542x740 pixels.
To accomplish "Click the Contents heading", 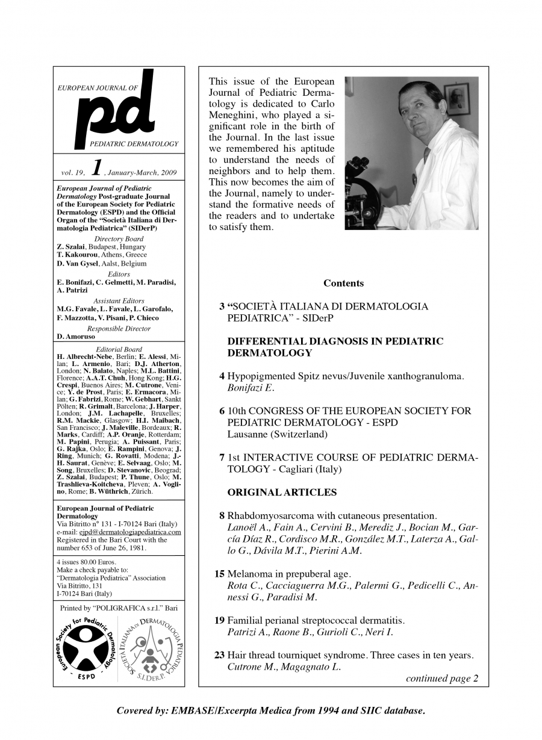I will click(343, 283).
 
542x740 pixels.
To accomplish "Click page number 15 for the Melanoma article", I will click(219, 573).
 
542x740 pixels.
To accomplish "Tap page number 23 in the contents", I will click(219, 655).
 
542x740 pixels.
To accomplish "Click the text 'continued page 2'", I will click(442, 679).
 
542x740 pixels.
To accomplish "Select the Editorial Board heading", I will click(119, 349).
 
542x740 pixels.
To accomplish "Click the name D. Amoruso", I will click(76, 337).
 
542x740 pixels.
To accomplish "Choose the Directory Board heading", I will click(119, 239).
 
